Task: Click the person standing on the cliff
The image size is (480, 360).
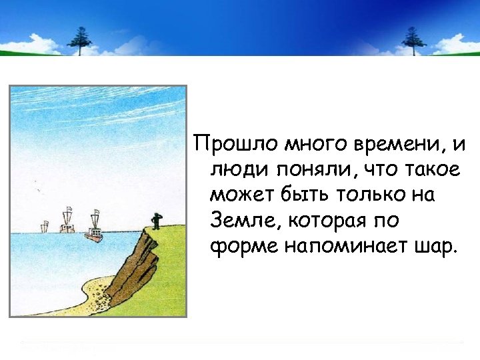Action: point(156,221)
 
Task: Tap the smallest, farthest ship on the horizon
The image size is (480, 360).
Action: point(45,227)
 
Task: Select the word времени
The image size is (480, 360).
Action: point(367,143)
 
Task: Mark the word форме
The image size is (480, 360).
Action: point(241,247)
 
